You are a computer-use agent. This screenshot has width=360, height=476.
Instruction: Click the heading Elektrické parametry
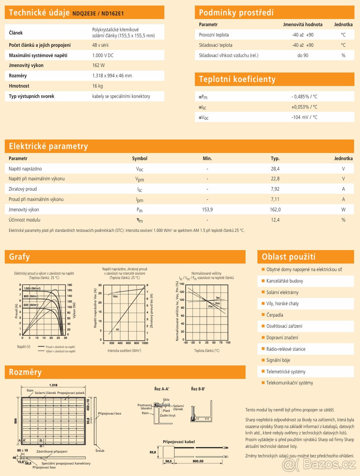(48, 146)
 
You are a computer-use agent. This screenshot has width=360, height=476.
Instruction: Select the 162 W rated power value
(98, 65)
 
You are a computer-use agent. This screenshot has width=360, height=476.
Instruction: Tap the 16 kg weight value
(98, 86)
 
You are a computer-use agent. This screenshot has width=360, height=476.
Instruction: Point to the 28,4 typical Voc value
(275, 169)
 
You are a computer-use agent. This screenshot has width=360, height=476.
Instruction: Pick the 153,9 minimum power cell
(207, 209)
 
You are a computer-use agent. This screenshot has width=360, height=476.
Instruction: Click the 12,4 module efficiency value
(275, 220)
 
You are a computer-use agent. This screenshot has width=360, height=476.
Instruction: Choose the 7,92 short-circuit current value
(275, 189)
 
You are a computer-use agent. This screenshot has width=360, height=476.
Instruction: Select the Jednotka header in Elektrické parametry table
(343, 158)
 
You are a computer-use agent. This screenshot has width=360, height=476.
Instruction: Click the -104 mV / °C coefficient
(304, 117)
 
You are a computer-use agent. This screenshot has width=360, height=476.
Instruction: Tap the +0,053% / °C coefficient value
(304, 107)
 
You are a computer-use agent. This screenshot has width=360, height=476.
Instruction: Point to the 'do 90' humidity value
(303, 56)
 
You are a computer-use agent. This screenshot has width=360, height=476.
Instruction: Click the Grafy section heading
(19, 257)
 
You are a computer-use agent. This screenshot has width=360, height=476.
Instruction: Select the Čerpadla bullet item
(275, 315)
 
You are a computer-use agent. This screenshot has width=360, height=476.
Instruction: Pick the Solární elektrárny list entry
(282, 292)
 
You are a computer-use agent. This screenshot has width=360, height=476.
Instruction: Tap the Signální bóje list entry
(278, 360)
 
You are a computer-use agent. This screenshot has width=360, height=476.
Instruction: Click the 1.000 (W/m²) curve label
(32, 288)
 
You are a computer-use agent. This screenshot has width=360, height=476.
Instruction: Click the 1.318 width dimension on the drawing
(54, 385)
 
